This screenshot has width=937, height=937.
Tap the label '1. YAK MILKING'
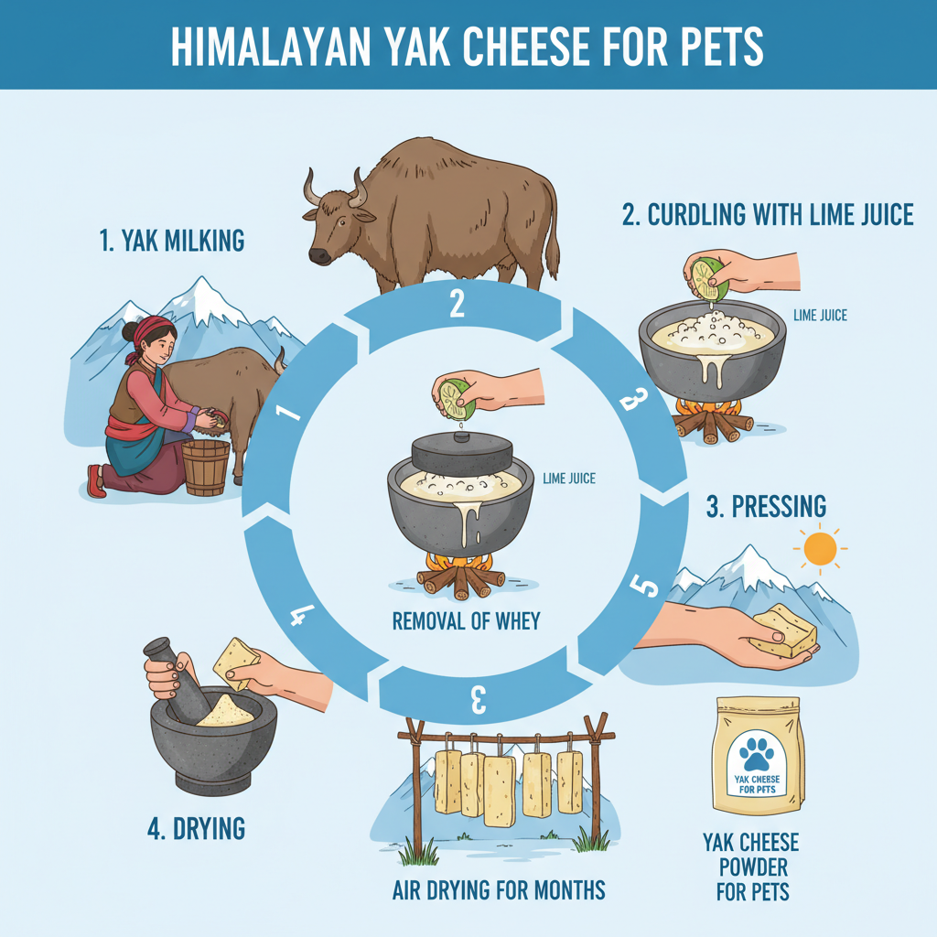[172, 241]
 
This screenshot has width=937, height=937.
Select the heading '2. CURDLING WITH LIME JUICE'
[768, 214]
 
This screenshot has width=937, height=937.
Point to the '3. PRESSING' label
[767, 506]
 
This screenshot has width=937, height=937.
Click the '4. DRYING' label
[197, 829]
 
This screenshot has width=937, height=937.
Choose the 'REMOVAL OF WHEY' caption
[466, 621]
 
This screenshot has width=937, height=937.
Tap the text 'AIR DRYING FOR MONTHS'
[499, 890]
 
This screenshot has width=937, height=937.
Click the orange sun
[820, 549]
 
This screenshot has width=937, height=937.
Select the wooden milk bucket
[206, 468]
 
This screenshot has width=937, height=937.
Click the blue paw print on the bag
[757, 754]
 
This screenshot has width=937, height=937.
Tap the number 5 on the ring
[645, 586]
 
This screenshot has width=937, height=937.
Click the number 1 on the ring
[287, 412]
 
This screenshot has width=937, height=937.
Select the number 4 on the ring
[302, 616]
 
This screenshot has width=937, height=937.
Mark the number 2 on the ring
[458, 304]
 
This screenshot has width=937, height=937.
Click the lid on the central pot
[462, 453]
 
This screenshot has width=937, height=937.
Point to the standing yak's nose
[319, 256]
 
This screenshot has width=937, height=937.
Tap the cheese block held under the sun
[783, 630]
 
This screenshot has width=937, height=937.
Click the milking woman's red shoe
[95, 481]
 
